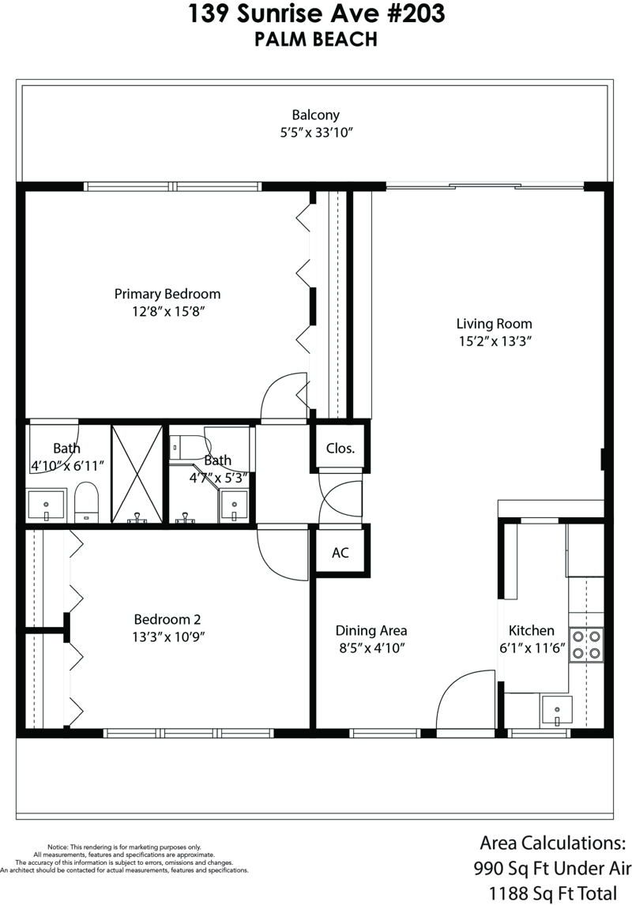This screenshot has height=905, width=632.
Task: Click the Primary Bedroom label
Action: click(x=167, y=294)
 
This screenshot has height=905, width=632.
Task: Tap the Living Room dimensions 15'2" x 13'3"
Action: click(x=495, y=341)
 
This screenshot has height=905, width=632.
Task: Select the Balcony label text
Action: click(x=316, y=115)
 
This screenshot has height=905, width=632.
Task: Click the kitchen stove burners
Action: click(x=586, y=644)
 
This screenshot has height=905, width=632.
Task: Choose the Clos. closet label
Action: click(x=340, y=449)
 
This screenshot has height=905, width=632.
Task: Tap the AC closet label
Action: click(x=340, y=553)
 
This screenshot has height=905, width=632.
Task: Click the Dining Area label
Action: click(x=371, y=631)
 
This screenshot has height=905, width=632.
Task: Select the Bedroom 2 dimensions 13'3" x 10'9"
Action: click(x=168, y=637)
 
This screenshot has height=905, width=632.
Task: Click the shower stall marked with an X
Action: click(x=137, y=474)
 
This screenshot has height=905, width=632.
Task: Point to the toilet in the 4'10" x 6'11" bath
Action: click(x=87, y=501)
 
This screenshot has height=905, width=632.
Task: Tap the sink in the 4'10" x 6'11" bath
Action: click(x=46, y=505)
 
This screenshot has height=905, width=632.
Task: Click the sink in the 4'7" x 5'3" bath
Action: click(x=235, y=505)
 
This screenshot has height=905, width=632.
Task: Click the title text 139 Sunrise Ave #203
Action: click(x=316, y=14)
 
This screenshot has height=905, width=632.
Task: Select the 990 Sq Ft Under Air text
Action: click(x=552, y=868)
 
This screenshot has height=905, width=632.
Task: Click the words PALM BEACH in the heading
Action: click(x=316, y=39)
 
